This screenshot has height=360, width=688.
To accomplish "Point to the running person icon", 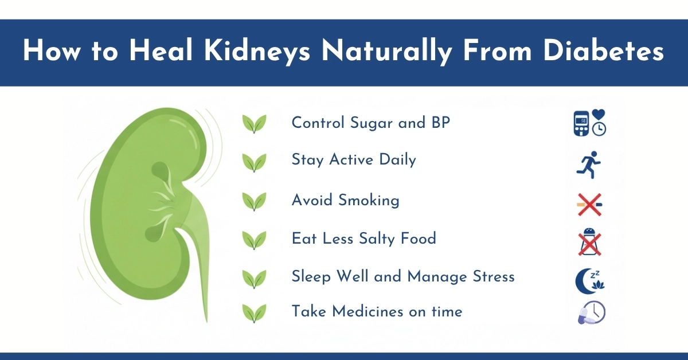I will pyautogui.click(x=590, y=165).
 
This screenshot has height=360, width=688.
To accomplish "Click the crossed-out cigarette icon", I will pyautogui.click(x=590, y=204).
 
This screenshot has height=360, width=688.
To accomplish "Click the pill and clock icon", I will pyautogui.click(x=591, y=313).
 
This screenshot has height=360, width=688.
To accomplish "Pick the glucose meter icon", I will pyautogui.click(x=582, y=123).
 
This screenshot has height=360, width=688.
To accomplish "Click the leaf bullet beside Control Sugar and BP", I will pyautogui.click(x=254, y=124).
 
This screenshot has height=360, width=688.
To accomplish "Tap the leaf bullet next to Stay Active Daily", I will pyautogui.click(x=254, y=162).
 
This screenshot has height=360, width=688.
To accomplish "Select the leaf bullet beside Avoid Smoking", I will pyautogui.click(x=254, y=202).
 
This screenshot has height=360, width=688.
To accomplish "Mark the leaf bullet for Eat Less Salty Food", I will pyautogui.click(x=254, y=240).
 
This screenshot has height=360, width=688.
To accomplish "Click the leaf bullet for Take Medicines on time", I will pyautogui.click(x=254, y=314).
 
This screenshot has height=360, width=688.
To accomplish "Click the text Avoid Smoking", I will pyautogui.click(x=345, y=200).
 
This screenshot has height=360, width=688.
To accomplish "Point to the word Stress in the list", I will pyautogui.click(x=490, y=277).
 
